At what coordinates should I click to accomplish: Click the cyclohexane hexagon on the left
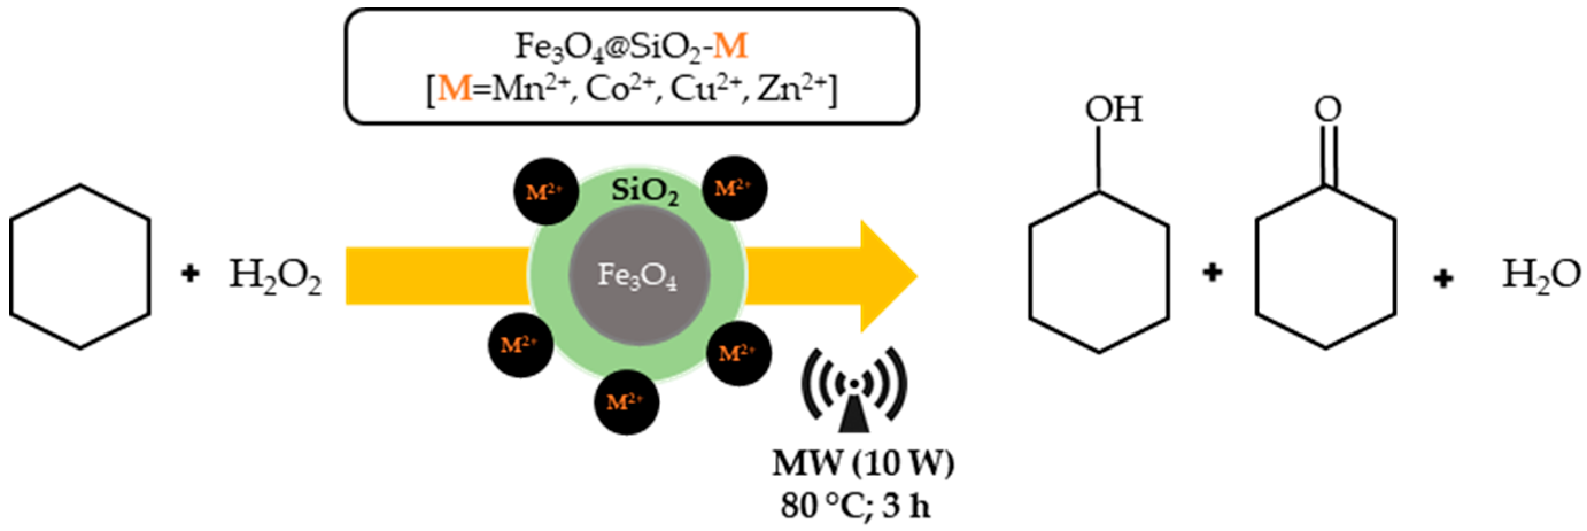[x=80, y=267]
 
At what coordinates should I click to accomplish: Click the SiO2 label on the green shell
[x=645, y=192]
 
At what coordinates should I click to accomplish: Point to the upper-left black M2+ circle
[x=545, y=191]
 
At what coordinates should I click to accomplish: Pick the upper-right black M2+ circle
[x=734, y=188]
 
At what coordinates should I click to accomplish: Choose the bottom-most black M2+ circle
[x=626, y=402]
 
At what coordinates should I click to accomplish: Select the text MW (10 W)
[x=863, y=463]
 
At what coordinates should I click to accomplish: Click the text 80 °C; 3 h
[x=856, y=506]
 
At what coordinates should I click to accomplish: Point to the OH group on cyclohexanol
[x=1113, y=110]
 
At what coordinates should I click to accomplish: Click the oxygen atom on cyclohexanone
[x=1327, y=109]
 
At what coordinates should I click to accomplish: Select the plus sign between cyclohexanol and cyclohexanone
[x=1213, y=272]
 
